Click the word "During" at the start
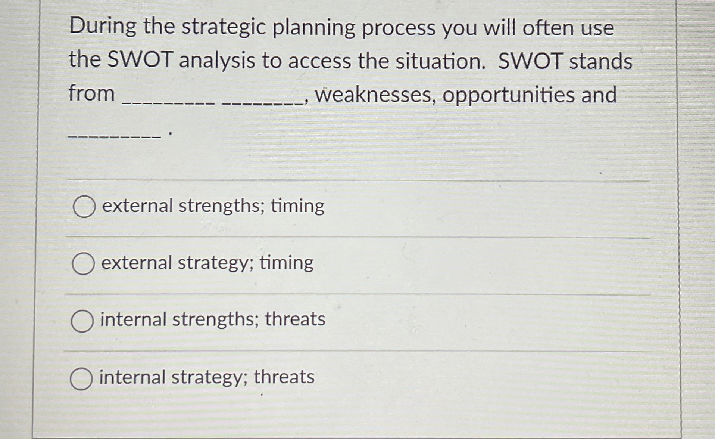point(103,27)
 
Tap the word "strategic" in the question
point(224,28)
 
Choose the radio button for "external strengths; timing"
point(84,207)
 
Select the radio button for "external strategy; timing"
point(83,263)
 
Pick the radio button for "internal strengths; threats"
point(82,321)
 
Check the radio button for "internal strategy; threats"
point(81,379)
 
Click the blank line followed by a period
point(114,136)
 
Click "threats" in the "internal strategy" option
point(284,377)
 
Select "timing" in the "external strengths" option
point(297,206)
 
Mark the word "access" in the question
point(319,61)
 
